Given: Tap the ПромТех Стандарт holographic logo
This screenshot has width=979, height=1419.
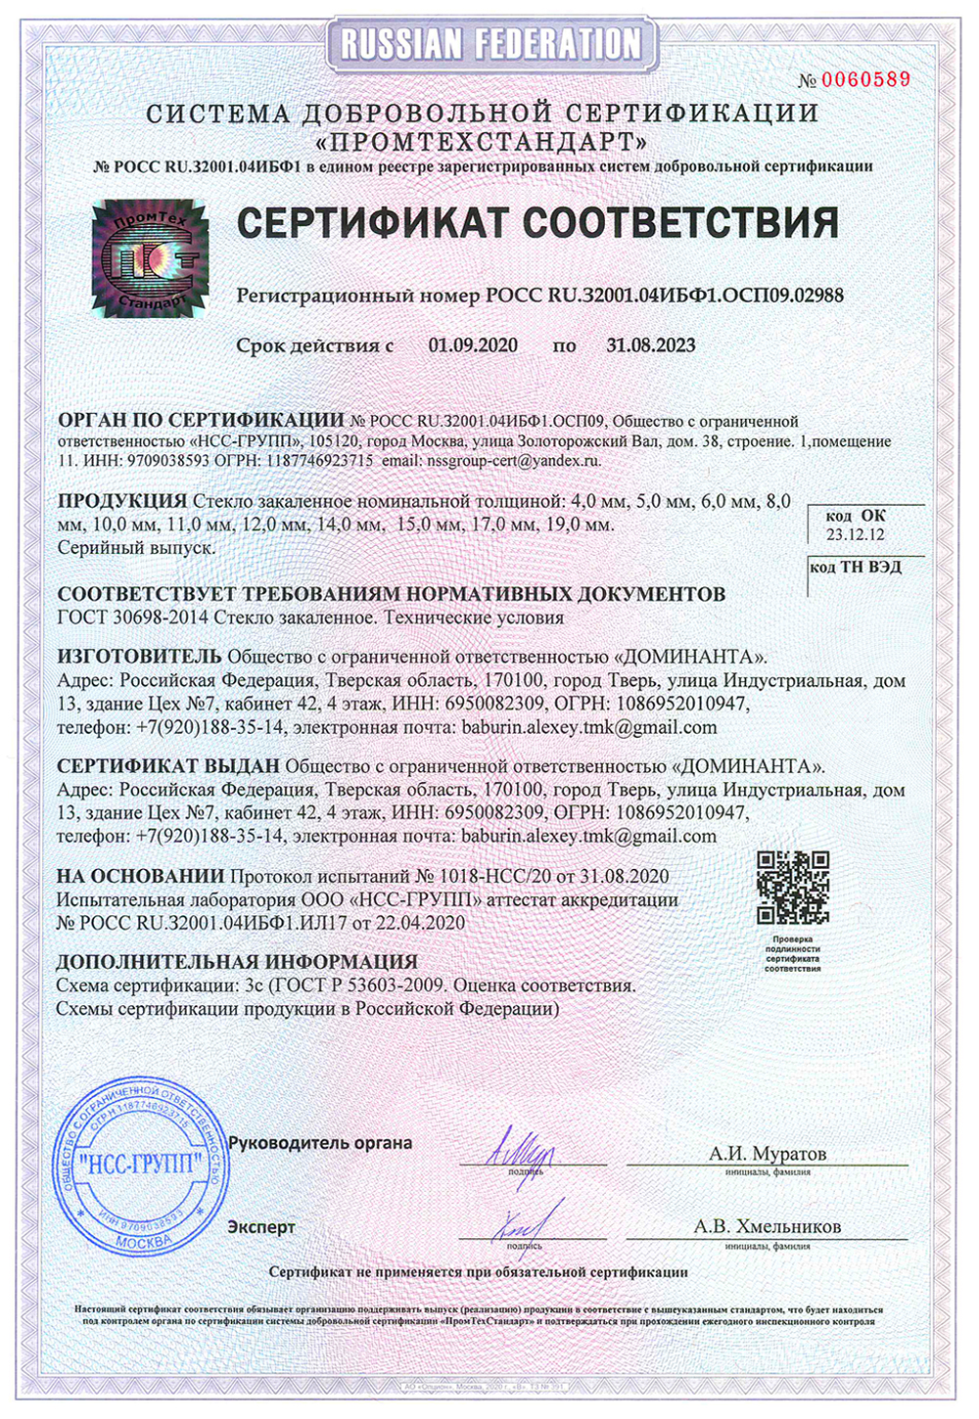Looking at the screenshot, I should point(150,258).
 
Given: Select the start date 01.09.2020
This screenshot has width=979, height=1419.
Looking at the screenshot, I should point(473,344).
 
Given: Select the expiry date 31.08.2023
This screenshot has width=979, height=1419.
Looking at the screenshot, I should point(651,344).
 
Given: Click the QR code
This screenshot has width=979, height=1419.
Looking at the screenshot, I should point(793,888).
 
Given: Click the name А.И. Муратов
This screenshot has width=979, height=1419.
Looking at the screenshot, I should point(768,1154).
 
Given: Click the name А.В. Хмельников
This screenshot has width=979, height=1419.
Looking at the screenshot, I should point(768,1226).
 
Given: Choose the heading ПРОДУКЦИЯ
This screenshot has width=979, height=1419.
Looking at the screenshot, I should point(122,501).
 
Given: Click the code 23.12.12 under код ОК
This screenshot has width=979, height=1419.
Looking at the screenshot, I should point(855,534).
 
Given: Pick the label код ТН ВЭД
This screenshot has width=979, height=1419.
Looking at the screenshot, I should point(856,568).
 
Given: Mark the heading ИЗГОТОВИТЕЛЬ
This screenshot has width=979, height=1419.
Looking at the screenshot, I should point(140,655).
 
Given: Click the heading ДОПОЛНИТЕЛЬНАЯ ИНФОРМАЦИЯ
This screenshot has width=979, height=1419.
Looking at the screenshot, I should point(237,961).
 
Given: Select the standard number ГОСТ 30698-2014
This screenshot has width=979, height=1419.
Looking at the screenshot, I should point(131,618).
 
